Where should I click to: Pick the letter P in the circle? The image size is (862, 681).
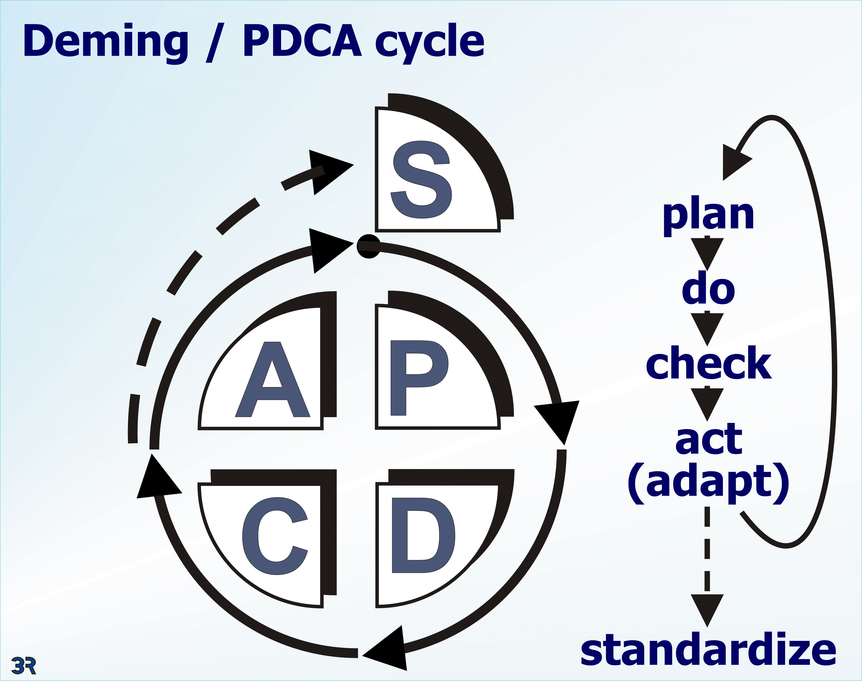(419, 377)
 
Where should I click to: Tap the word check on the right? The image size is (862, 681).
(709, 363)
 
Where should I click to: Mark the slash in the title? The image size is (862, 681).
(215, 43)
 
